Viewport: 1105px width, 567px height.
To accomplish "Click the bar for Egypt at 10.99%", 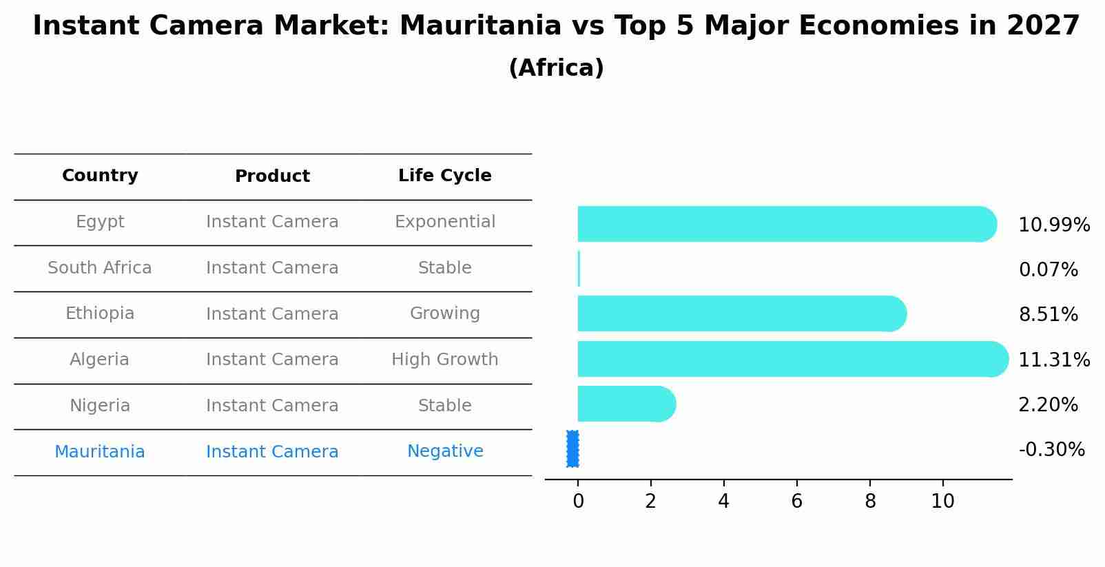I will [x=785, y=224].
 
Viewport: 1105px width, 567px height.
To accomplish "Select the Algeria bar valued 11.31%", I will [x=792, y=359].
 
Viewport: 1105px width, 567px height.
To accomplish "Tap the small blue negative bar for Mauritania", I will [x=572, y=449].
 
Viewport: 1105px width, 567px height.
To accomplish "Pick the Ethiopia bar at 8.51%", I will [x=741, y=313].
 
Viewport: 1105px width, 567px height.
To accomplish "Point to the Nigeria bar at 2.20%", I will [x=626, y=404].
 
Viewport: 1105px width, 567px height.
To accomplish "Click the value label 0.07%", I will [x=1048, y=270].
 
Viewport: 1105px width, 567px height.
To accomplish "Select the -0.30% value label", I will [x=1051, y=450].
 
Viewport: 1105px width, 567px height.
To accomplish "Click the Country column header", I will [x=100, y=176].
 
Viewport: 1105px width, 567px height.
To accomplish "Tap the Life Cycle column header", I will [x=444, y=176].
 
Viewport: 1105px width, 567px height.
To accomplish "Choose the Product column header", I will [x=272, y=176].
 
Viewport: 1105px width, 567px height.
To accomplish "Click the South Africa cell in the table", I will [x=100, y=268].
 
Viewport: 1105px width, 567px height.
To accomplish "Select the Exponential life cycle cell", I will [x=444, y=222].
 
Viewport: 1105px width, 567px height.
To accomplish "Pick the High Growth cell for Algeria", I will [x=444, y=360].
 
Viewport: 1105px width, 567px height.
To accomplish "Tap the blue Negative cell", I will [x=444, y=451].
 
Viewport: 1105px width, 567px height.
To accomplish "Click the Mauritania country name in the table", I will [x=100, y=452].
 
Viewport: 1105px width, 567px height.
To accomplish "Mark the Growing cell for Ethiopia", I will [x=444, y=313].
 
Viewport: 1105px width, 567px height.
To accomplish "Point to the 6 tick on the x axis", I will [x=796, y=502].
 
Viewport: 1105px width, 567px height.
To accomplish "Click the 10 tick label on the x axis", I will [x=942, y=502].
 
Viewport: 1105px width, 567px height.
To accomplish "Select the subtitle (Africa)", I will [x=556, y=68].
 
